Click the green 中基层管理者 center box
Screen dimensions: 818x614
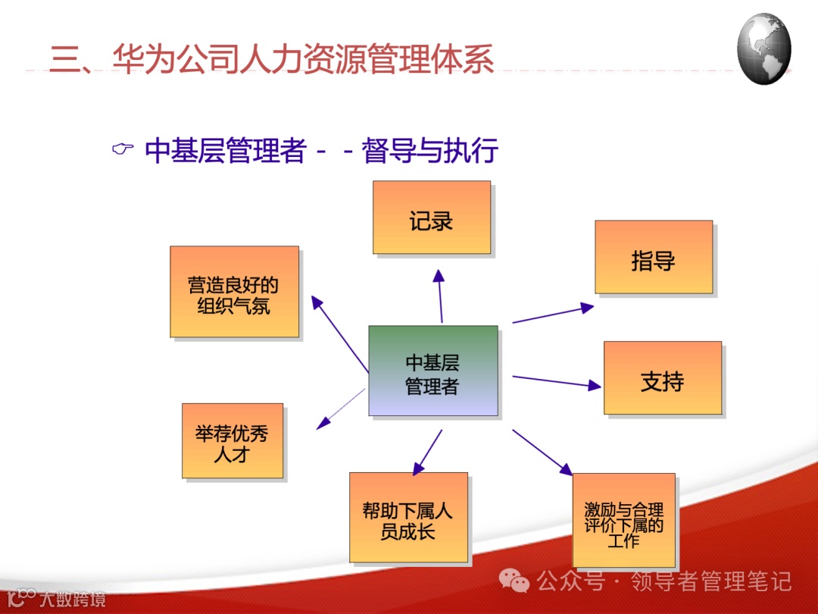pos(433,371)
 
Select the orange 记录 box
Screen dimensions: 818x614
pos(432,218)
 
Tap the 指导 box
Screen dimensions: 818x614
pos(654,257)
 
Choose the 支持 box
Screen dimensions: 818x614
pos(663,378)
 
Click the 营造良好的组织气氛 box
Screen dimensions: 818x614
pos(234,292)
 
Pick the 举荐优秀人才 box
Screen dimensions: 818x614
pos(233,440)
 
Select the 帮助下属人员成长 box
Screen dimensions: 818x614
pos(408,518)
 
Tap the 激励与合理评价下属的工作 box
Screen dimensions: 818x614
pos(624,520)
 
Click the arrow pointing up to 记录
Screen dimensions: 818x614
pos(440,296)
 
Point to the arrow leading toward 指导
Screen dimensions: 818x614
pos(553,314)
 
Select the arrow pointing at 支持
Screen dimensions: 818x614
pos(557,382)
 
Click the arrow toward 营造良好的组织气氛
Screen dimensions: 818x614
pos(339,334)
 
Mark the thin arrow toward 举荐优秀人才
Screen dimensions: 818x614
pos(341,409)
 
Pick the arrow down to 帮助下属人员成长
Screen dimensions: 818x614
pos(428,452)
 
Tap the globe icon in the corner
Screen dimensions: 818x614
pos(763,49)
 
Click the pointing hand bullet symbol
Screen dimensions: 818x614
pos(123,149)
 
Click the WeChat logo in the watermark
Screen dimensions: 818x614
pos(514,581)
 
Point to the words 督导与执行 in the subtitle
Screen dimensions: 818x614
pos(430,150)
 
